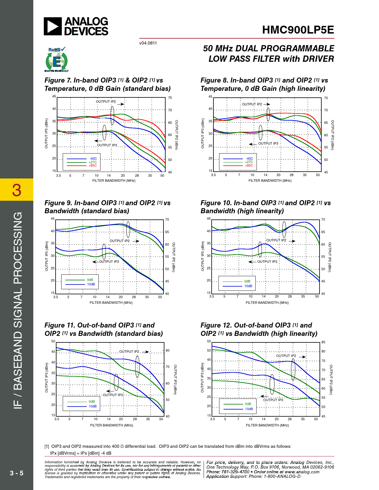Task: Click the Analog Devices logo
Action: pyautogui.click(x=76, y=26)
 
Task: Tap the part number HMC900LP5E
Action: pyautogui.click(x=298, y=30)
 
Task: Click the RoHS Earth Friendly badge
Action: pyautogui.click(x=56, y=60)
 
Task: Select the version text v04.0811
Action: pyautogui.click(x=148, y=43)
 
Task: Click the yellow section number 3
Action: pyautogui.click(x=17, y=190)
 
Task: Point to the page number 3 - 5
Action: pyautogui.click(x=17, y=473)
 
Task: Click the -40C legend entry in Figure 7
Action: pyautogui.click(x=93, y=159)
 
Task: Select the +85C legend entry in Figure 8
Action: pyautogui.click(x=249, y=166)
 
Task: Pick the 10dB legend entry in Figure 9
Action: pyautogui.click(x=91, y=284)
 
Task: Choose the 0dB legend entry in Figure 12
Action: pyautogui.click(x=248, y=404)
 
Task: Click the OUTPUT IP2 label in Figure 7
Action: pyautogui.click(x=106, y=102)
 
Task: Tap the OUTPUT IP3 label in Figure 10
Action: pyautogui.click(x=267, y=262)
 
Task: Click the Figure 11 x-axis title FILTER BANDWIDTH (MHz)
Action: pyautogui.click(x=111, y=425)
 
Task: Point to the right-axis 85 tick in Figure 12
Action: pyautogui.click(x=323, y=342)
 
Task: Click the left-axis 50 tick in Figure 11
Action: pyautogui.click(x=53, y=342)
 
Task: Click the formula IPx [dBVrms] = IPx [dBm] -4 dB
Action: pyautogui.click(x=81, y=453)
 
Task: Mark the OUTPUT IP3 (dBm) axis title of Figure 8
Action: pyautogui.click(x=203, y=134)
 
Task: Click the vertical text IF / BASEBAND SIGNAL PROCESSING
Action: pyautogui.click(x=18, y=310)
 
